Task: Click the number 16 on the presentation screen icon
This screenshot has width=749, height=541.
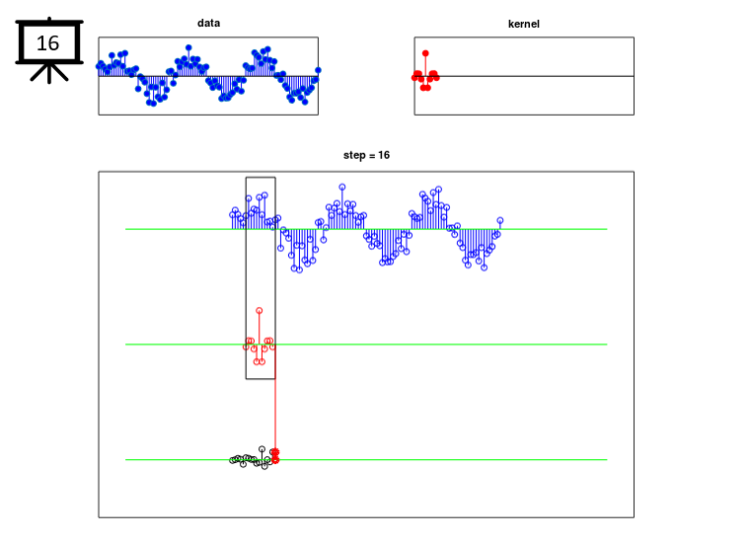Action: (47, 43)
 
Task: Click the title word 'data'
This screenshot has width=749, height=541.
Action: (209, 23)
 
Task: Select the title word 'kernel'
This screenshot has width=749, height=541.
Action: (524, 24)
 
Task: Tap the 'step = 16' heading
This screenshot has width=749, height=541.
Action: (366, 155)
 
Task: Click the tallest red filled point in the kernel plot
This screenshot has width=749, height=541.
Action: (425, 53)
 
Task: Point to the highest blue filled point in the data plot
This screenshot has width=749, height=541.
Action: (188, 47)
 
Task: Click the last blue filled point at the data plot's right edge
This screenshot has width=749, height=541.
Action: (318, 70)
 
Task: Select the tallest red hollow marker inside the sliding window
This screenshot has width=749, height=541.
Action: (259, 311)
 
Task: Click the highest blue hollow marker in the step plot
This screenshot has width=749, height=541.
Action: (342, 187)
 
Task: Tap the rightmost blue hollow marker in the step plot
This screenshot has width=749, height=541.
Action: (499, 220)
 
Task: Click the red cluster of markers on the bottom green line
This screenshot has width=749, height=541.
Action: (275, 456)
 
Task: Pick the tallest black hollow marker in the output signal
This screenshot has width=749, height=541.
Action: (262, 449)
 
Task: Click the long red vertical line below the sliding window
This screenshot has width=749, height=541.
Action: (275, 414)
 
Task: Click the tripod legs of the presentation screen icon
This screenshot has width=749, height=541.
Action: (49, 73)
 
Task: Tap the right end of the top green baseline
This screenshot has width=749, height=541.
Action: (607, 229)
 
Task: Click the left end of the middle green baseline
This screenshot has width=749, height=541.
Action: (126, 345)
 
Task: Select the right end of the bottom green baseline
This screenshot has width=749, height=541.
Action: (607, 460)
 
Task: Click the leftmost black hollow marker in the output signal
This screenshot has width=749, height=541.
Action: (232, 460)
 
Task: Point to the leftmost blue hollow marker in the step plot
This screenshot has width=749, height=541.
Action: (233, 214)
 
